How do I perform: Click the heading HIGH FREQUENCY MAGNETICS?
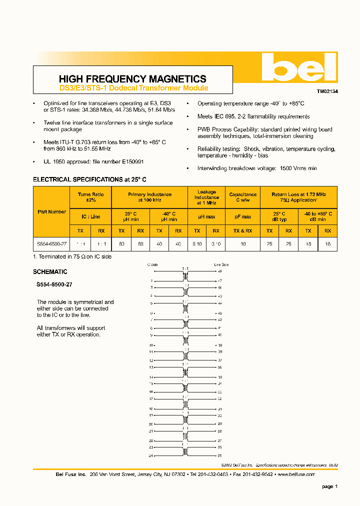[132, 79]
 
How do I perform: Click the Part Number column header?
[52, 211]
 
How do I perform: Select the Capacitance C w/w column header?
[242, 197]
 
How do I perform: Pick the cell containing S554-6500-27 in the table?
[52, 244]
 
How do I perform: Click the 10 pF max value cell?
[242, 244]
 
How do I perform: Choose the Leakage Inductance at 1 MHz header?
[206, 197]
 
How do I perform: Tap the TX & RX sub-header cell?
[242, 230]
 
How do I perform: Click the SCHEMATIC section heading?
[50, 272]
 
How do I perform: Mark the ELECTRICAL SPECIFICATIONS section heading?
[89, 179]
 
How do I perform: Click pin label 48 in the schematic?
[219, 271]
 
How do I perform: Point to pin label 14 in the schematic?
[151, 377]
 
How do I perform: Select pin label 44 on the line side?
[219, 303]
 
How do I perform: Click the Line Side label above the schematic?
[221, 264]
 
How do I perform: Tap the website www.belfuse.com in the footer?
[296, 474]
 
